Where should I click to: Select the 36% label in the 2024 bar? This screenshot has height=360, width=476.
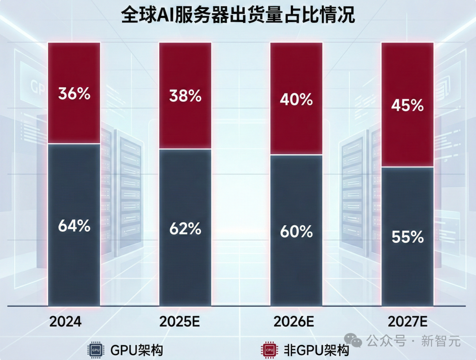pyautogui.click(x=74, y=93)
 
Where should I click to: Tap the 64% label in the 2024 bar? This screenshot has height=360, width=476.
pyautogui.click(x=74, y=226)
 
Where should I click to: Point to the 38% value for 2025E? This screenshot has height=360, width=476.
pyautogui.click(x=185, y=96)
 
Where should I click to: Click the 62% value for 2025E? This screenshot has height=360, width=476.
pyautogui.click(x=185, y=229)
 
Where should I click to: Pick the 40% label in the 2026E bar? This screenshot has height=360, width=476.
pyautogui.click(x=296, y=100)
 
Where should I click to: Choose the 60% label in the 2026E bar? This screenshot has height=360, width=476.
pyautogui.click(x=296, y=231)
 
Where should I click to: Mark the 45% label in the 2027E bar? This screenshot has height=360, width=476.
pyautogui.click(x=407, y=106)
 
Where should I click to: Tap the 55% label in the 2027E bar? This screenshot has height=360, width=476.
pyautogui.click(x=407, y=238)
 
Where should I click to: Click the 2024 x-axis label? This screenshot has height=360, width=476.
pyautogui.click(x=65, y=322)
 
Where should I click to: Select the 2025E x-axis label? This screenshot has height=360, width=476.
pyautogui.click(x=180, y=322)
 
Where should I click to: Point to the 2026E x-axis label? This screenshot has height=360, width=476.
pyautogui.click(x=294, y=322)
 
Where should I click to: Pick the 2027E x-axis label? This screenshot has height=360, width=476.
pyautogui.click(x=408, y=322)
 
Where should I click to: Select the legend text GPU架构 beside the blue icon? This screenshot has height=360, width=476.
pyautogui.click(x=137, y=350)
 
